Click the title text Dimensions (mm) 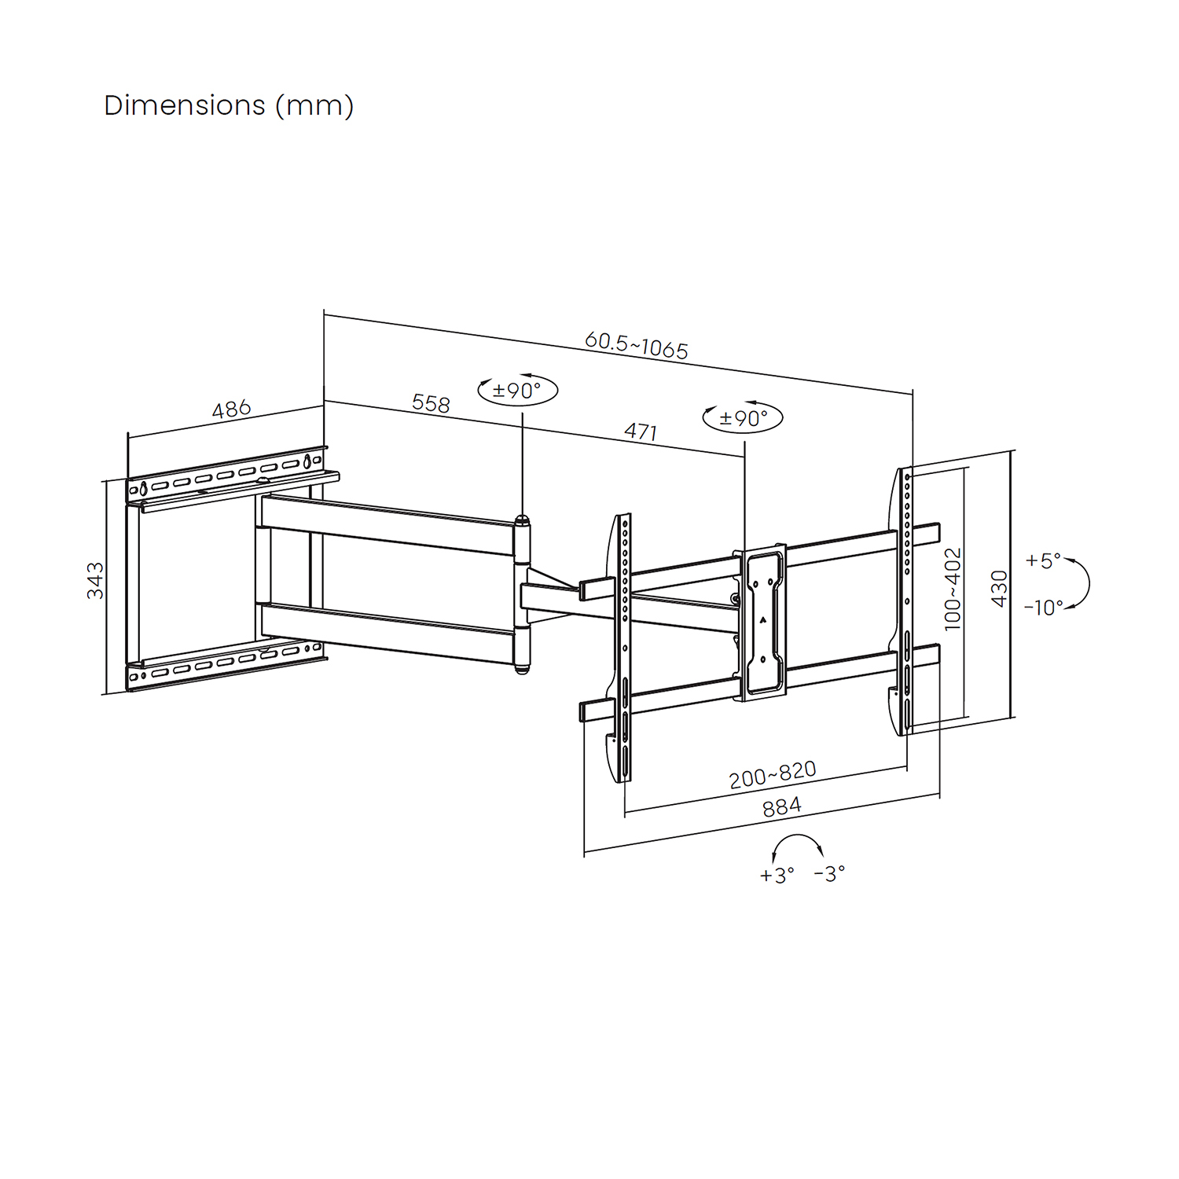click(229, 105)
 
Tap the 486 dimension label click(231, 409)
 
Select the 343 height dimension click(95, 580)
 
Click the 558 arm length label click(431, 403)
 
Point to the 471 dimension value click(641, 432)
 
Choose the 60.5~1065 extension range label click(637, 346)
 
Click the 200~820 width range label click(773, 774)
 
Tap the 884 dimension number click(782, 807)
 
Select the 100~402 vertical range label click(953, 589)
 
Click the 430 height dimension click(999, 588)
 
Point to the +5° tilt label click(1043, 560)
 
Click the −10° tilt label click(1044, 607)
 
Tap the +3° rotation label click(777, 875)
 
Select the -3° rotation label click(829, 872)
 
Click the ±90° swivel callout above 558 click(518, 391)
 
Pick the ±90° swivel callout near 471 click(744, 417)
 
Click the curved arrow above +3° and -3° click(798, 836)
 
